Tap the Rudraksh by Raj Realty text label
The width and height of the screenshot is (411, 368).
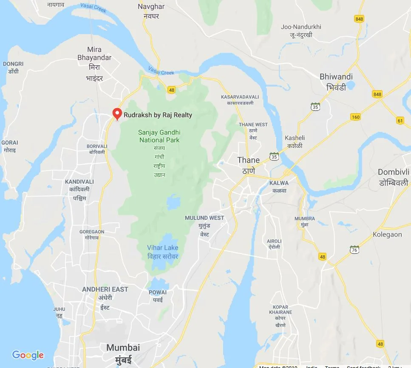coord(158,115)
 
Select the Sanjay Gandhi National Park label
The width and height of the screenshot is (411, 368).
coord(159,137)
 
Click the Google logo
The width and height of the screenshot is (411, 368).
coord(28,355)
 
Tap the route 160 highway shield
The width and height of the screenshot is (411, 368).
coord(355,117)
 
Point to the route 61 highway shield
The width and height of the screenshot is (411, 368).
coord(400,120)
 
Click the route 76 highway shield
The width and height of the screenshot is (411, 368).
coord(354,249)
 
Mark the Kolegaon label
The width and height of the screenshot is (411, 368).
coord(387,234)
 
